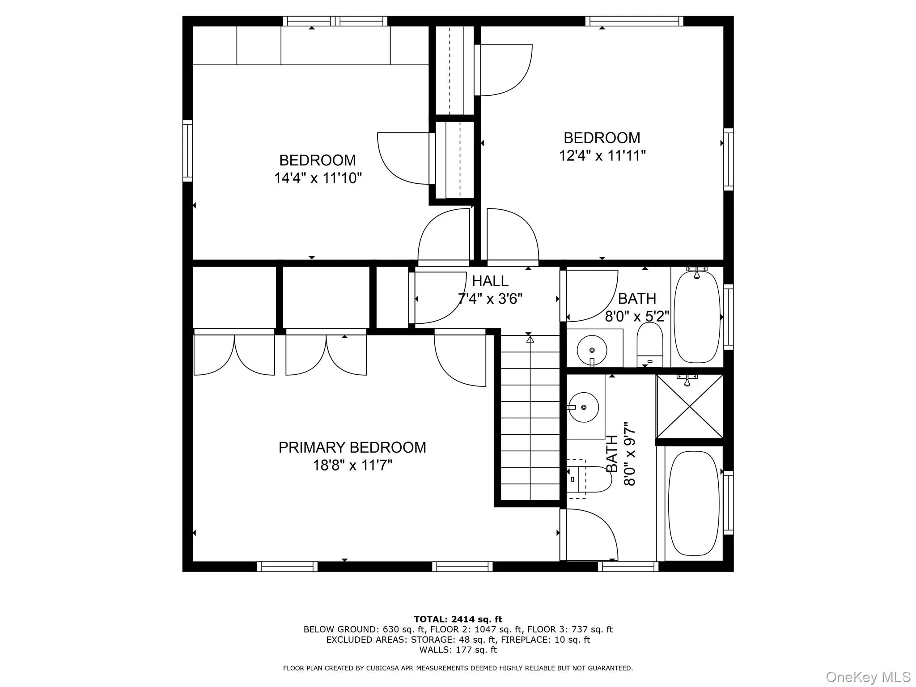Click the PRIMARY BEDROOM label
352,447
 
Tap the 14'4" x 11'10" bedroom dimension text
318,178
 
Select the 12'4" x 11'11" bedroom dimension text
602,156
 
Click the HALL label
490,281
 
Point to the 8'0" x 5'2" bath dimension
637,316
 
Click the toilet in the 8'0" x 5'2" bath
649,344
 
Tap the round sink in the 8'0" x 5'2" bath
592,350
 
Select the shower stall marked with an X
689,406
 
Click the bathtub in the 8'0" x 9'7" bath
694,503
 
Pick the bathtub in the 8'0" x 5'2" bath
697,317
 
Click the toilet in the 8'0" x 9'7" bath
590,479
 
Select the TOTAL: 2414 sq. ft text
458,619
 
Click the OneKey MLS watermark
868,677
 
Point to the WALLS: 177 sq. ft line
458,650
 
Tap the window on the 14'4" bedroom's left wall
187,151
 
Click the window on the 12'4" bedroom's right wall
729,159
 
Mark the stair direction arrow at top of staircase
530,339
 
